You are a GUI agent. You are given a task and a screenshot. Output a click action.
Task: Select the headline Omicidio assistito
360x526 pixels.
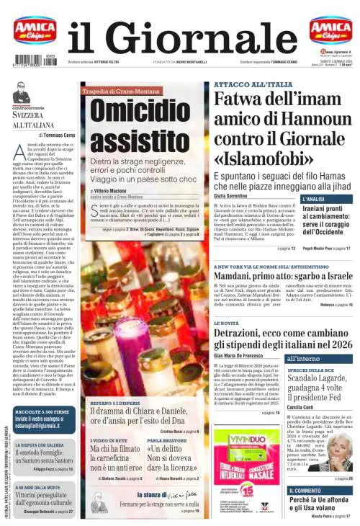tap(130, 127)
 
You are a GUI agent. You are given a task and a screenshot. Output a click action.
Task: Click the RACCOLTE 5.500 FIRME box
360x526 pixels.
tap(42, 416)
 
